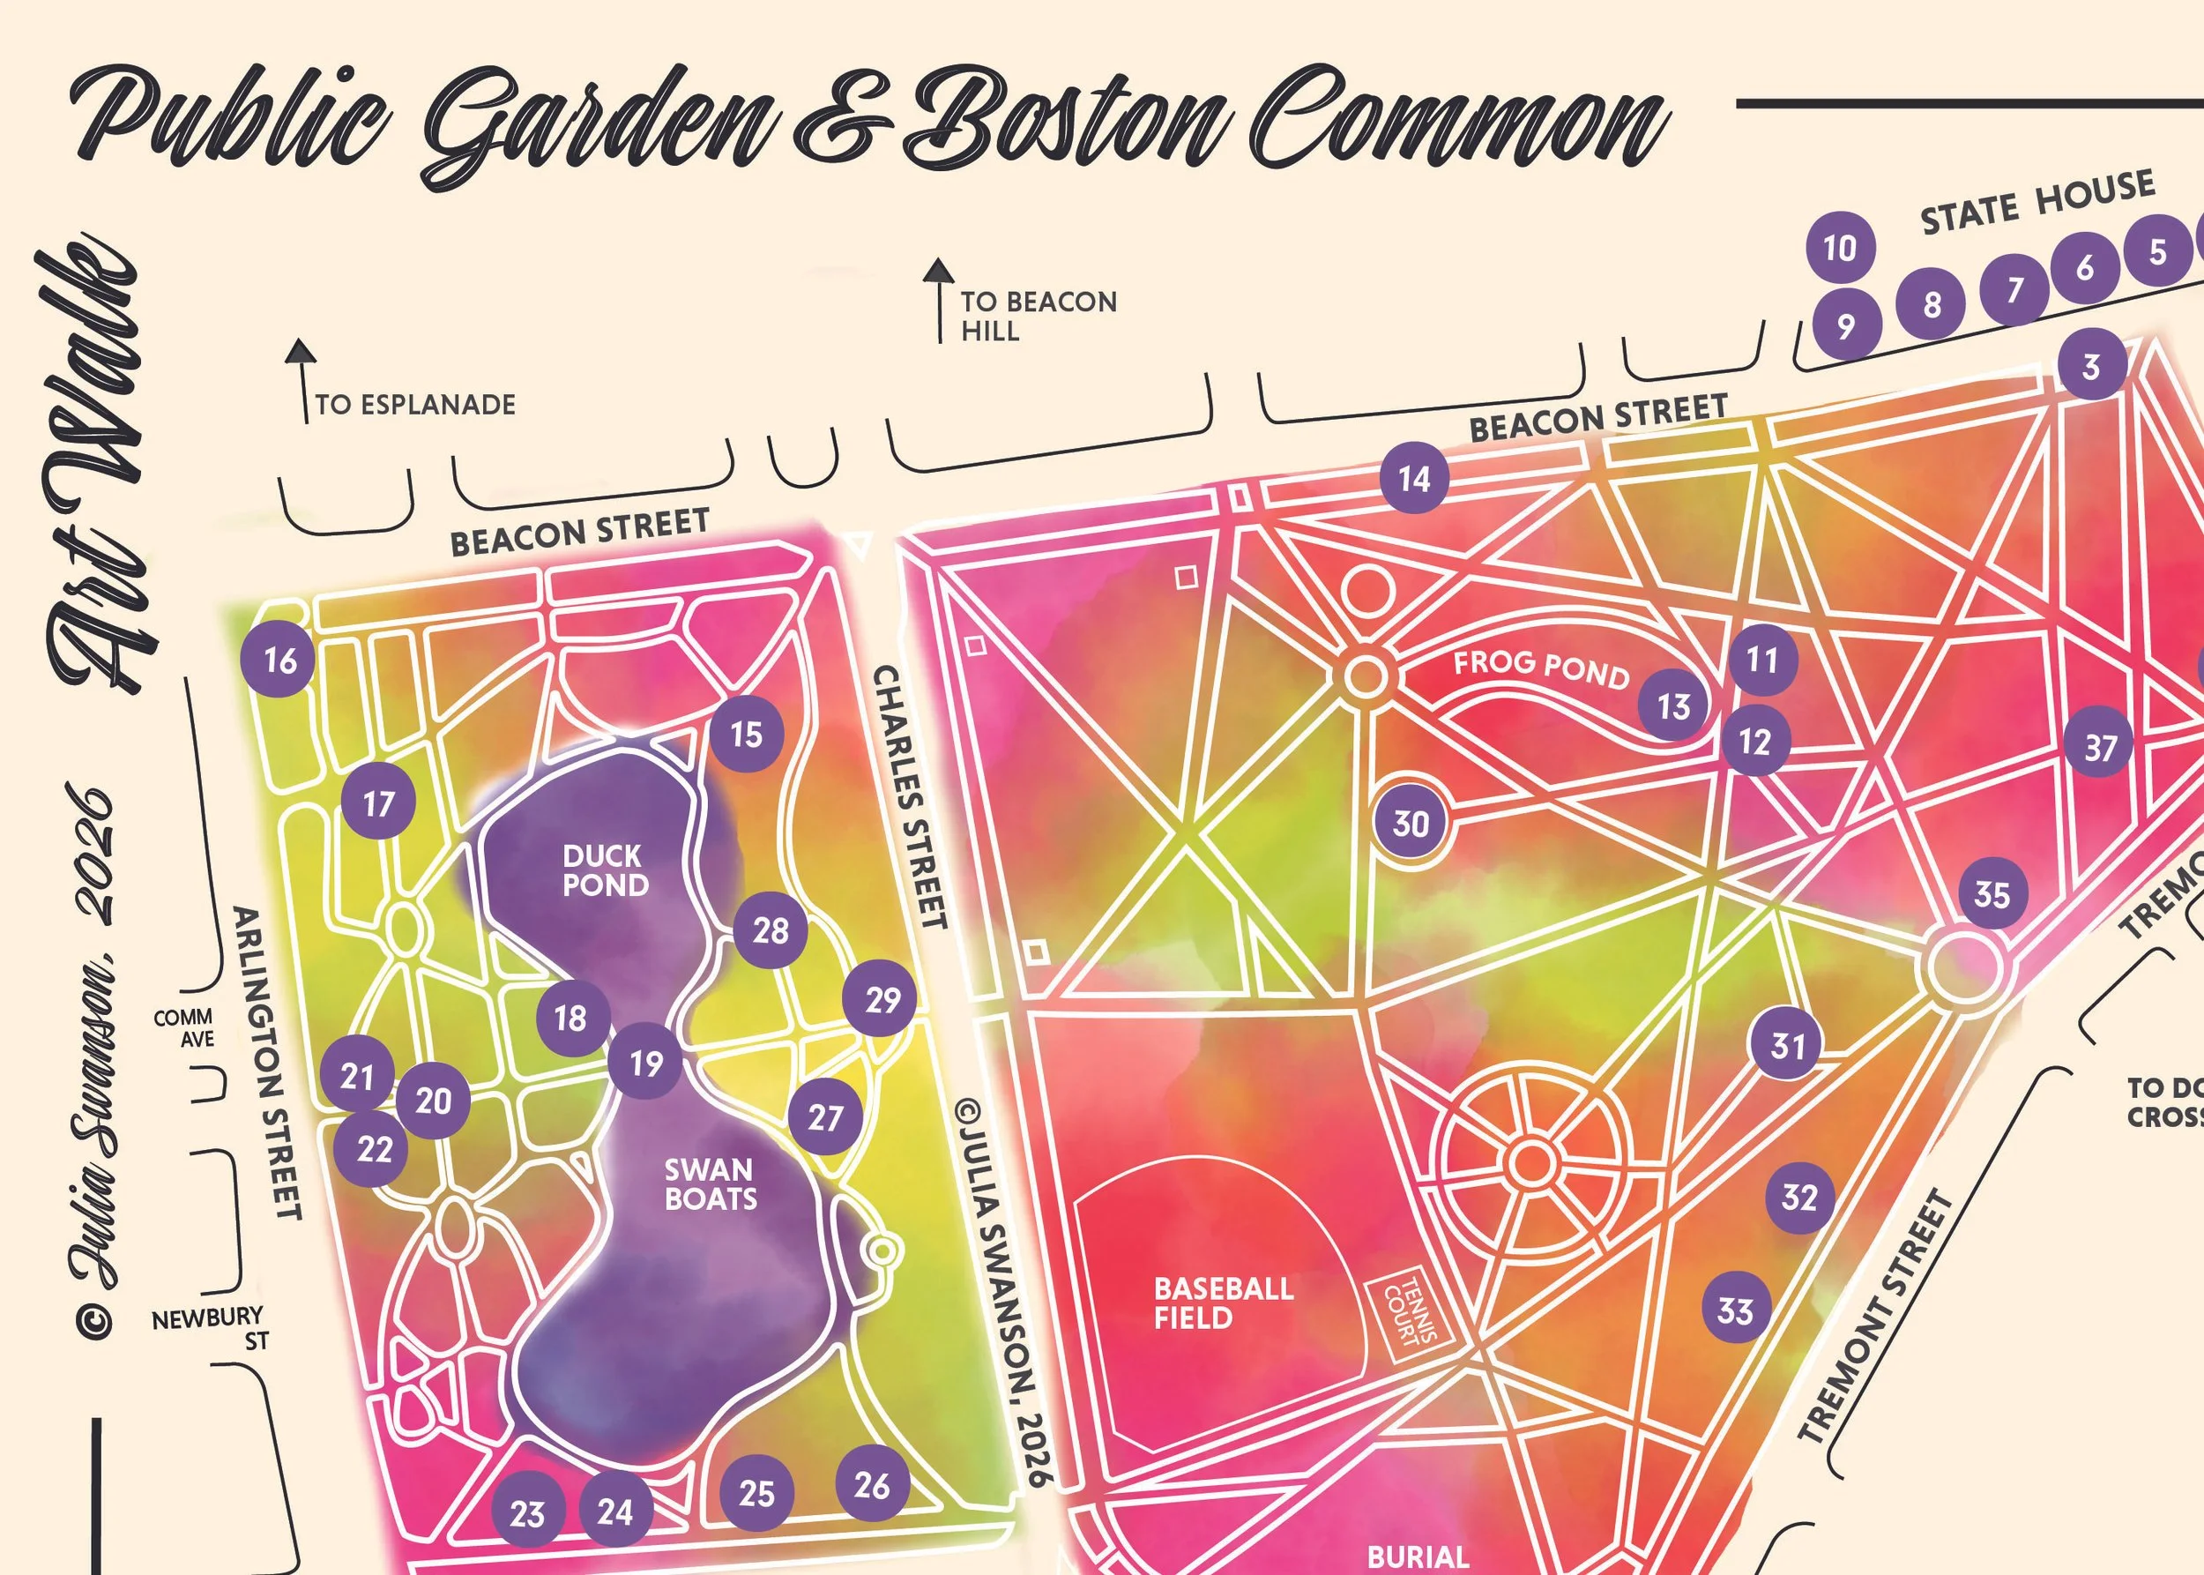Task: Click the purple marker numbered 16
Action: pyautogui.click(x=280, y=660)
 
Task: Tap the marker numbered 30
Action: pyautogui.click(x=1410, y=823)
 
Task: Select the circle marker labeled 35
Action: pyautogui.click(x=1992, y=893)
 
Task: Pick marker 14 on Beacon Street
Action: pyautogui.click(x=1414, y=477)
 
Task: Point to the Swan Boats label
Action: pyautogui.click(x=710, y=1184)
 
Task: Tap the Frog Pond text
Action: pyautogui.click(x=1541, y=669)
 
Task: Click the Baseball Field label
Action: pyautogui.click(x=1223, y=1303)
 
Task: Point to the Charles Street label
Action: pyautogui.click(x=910, y=795)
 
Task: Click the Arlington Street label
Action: pyautogui.click(x=268, y=1062)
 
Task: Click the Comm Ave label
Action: pyautogui.click(x=184, y=1027)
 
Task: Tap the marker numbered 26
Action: pyautogui.click(x=872, y=1484)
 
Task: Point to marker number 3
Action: pyautogui.click(x=2090, y=367)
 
